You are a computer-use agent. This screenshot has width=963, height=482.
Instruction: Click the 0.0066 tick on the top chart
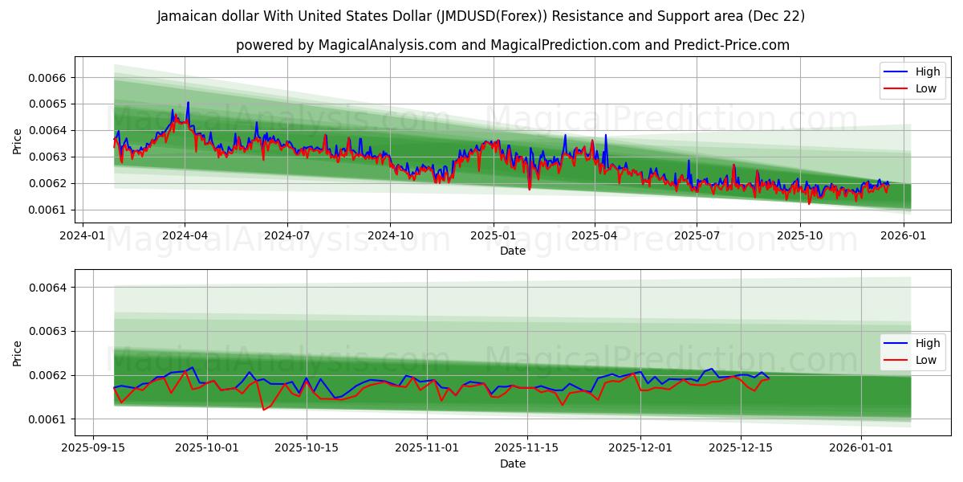[x=48, y=78]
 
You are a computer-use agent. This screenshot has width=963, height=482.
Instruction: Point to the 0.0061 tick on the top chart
[x=48, y=210]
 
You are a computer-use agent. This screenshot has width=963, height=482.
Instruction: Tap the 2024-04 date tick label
[x=185, y=235]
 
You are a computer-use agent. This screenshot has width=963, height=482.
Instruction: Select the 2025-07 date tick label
[x=696, y=235]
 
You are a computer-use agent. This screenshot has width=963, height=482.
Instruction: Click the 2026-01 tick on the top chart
[x=904, y=235]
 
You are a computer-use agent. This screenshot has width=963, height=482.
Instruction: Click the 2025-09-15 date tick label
[x=93, y=447]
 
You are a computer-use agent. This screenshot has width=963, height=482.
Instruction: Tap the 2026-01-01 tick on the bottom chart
[x=861, y=447]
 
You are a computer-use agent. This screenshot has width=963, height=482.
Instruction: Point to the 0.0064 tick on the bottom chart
[x=48, y=288]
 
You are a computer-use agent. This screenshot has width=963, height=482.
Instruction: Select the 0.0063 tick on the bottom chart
[x=48, y=332]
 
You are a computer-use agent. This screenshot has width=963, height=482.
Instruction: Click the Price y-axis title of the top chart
[x=18, y=142]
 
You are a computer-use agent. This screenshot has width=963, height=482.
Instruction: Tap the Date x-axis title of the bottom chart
[x=513, y=464]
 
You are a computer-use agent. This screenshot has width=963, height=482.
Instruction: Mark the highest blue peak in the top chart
[x=188, y=102]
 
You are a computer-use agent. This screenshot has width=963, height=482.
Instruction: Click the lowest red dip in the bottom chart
[x=263, y=410]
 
